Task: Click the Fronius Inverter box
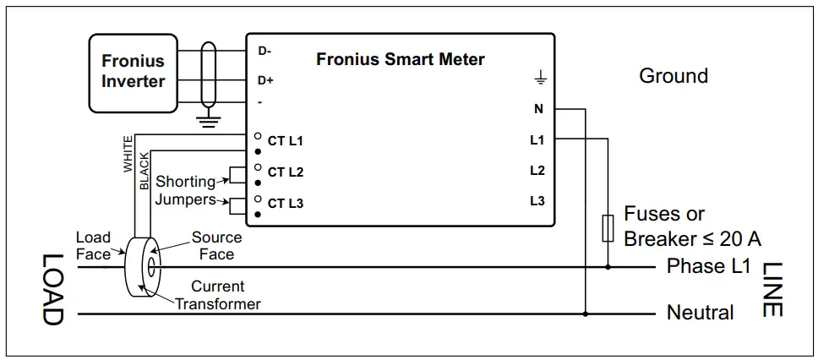[133, 72]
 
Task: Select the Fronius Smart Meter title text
[401, 60]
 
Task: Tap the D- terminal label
[264, 51]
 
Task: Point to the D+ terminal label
[265, 80]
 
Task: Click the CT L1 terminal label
[285, 141]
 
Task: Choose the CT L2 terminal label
[285, 172]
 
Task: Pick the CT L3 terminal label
[285, 204]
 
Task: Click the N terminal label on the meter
[538, 109]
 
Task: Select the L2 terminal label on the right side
[537, 170]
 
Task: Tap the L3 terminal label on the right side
[537, 201]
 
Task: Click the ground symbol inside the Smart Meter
[540, 79]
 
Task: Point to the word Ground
[673, 76]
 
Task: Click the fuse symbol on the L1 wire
[607, 228]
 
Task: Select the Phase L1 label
[708, 266]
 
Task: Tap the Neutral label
[700, 313]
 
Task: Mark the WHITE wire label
[128, 154]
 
